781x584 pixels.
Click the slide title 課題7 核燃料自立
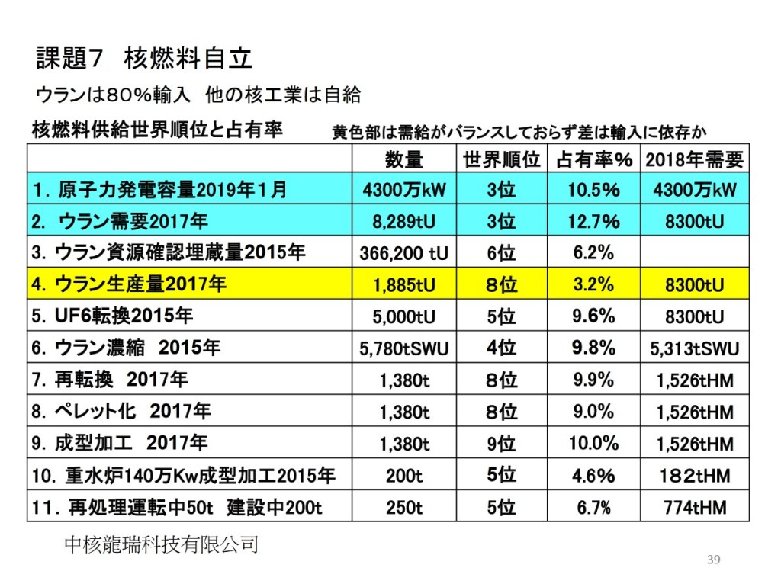[x=144, y=57]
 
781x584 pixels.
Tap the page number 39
[x=714, y=560]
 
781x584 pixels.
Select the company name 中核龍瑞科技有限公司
[x=162, y=544]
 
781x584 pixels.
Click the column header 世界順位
[x=501, y=159]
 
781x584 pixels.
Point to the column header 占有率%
[x=595, y=159]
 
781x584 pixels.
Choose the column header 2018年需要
[x=693, y=159]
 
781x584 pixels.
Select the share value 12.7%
[x=593, y=221]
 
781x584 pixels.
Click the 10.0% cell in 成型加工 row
[x=593, y=443]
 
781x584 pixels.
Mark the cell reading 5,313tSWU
[x=693, y=348]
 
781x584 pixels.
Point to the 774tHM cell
[x=693, y=506]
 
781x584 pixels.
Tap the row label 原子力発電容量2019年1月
[x=160, y=190]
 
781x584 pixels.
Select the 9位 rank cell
[x=501, y=443]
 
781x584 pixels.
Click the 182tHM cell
[x=693, y=475]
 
